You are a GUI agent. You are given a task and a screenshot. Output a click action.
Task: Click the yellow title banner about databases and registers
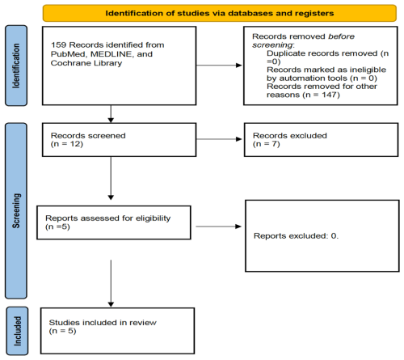click(220, 13)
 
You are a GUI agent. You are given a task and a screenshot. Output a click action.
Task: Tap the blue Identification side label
click(16, 66)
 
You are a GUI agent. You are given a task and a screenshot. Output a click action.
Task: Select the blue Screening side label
click(16, 210)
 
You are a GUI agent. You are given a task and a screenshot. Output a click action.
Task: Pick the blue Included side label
click(17, 331)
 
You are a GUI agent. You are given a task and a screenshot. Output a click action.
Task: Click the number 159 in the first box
click(59, 44)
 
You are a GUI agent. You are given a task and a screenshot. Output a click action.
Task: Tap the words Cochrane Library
click(86, 63)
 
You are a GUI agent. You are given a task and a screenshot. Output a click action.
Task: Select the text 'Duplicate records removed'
click(322, 53)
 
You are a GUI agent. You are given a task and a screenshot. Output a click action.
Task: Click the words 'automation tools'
click(313, 78)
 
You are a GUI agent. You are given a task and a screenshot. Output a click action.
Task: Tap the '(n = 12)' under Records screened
click(67, 144)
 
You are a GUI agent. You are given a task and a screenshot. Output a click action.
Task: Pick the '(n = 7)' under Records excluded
click(267, 144)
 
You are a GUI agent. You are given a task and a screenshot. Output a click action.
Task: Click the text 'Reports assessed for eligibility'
click(108, 218)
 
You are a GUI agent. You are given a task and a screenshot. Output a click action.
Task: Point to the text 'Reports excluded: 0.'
click(296, 236)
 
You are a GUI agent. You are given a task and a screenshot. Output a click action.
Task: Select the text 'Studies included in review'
click(103, 323)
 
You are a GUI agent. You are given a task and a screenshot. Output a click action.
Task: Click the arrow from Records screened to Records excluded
click(219, 139)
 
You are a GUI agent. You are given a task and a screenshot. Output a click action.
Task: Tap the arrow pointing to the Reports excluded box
click(218, 227)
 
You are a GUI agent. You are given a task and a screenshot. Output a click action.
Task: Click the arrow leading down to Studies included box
click(111, 283)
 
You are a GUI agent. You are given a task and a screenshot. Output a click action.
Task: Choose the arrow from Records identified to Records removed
click(219, 65)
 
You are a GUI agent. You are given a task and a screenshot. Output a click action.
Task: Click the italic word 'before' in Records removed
click(341, 36)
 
